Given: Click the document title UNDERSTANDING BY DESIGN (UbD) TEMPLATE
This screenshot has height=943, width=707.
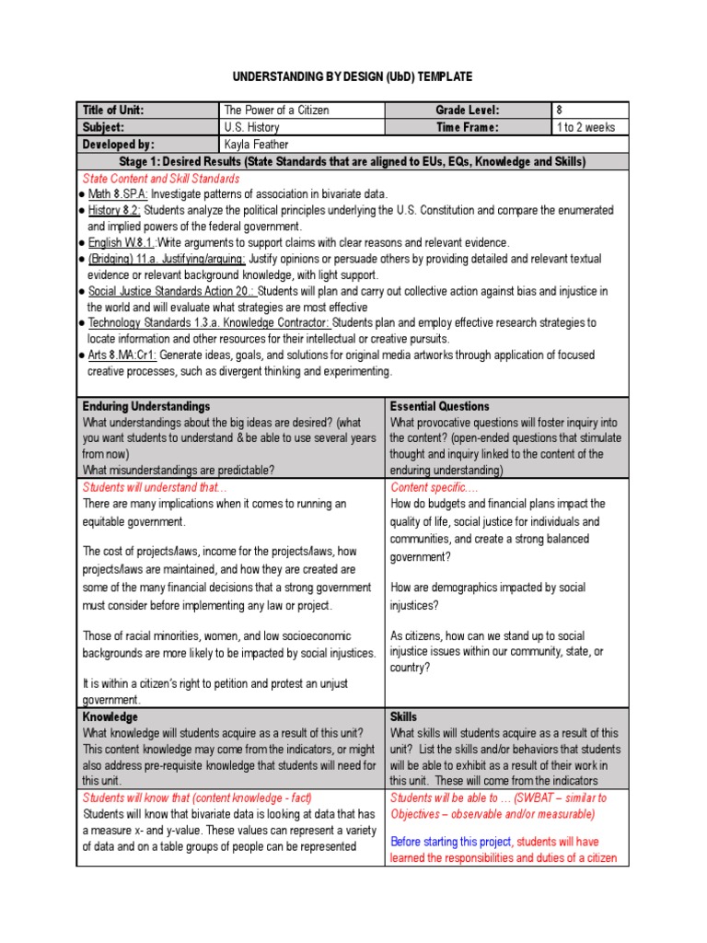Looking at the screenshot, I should click(x=353, y=76).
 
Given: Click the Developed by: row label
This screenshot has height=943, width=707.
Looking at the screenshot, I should click(x=119, y=145).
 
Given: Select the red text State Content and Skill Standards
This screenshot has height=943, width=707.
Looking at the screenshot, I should click(x=161, y=179).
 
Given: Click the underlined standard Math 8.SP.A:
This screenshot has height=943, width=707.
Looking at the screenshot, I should click(x=118, y=194).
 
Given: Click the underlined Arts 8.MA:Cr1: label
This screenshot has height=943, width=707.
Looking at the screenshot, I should click(x=122, y=355).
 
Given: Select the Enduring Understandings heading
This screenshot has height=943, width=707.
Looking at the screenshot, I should click(x=146, y=406).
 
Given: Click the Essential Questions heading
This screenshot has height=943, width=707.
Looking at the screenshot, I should click(x=440, y=406).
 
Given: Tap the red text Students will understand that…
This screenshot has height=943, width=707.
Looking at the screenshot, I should click(x=155, y=487).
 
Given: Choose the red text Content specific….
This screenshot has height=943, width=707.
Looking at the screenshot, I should click(x=435, y=487).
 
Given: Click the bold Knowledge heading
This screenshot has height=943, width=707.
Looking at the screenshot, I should click(x=110, y=716).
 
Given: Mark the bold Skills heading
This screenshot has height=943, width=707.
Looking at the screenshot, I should click(x=404, y=716).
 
